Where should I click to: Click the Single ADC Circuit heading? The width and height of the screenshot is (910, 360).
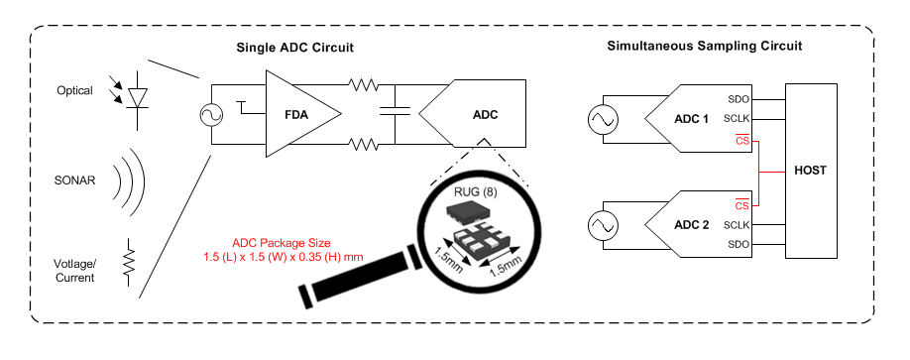click(294, 48)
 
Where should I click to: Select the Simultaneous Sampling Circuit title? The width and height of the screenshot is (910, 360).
click(704, 47)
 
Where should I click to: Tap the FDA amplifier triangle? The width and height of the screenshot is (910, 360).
click(298, 113)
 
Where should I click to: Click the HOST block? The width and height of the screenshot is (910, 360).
click(810, 170)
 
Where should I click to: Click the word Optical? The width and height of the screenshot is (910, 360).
click(74, 91)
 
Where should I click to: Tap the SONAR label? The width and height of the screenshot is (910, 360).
click(74, 181)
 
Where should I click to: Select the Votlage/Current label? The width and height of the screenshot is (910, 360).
click(74, 270)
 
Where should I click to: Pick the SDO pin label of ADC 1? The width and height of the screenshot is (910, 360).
click(738, 99)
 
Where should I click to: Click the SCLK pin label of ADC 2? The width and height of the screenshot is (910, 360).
click(736, 225)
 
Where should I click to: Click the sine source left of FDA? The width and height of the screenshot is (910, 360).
click(212, 114)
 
